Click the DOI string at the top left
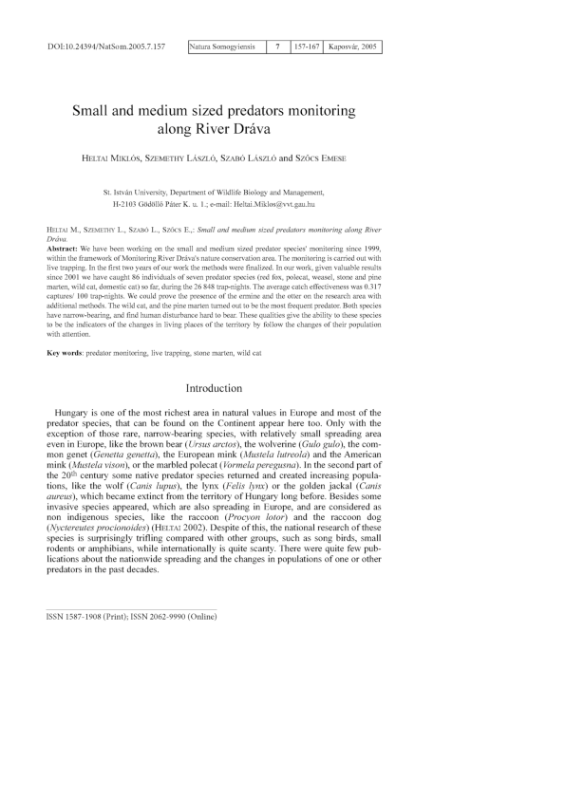coord(106,46)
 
